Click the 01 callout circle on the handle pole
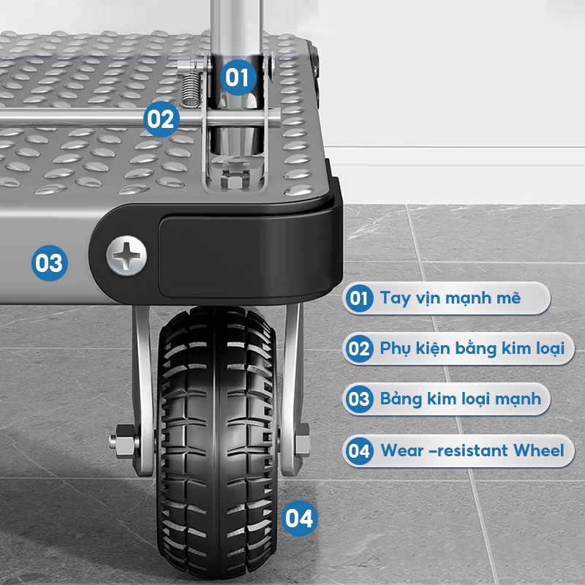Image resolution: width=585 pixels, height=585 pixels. [x=238, y=78]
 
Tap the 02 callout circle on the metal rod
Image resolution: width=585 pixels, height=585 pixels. [x=161, y=119]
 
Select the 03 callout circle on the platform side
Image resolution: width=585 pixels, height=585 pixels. [x=50, y=263]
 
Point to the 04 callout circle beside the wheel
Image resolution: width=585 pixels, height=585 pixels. [x=299, y=518]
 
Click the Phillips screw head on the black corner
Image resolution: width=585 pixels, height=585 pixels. [x=127, y=255]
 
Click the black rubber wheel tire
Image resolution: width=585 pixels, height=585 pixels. [x=216, y=442]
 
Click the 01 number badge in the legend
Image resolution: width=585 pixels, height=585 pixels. [x=359, y=298]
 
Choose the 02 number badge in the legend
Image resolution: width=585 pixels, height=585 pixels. [x=359, y=349]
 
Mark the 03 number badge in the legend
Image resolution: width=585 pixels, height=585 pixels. [x=359, y=399]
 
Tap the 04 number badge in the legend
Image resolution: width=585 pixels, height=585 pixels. [x=359, y=450]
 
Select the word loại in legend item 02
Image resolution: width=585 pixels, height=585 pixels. [x=551, y=349]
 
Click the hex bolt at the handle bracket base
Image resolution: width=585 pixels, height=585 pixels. [x=234, y=174]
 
